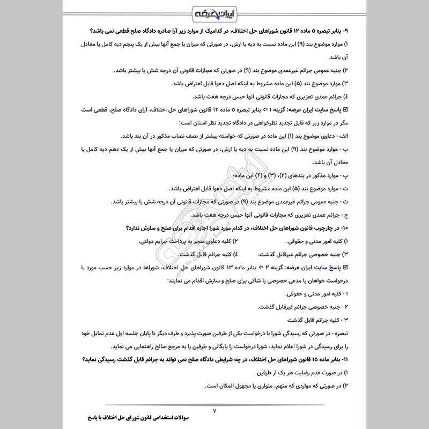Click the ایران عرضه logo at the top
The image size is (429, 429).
click(x=214, y=11)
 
